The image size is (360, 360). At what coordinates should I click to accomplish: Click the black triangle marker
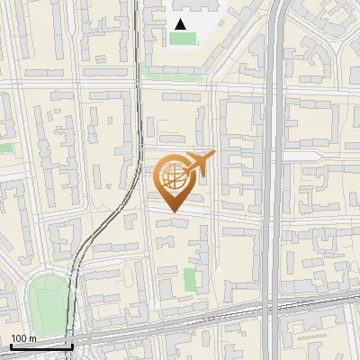point(181,24)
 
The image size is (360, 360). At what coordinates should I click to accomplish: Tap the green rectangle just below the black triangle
point(183,39)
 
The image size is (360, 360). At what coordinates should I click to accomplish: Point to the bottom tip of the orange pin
point(173,212)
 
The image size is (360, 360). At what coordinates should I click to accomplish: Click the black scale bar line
point(41,346)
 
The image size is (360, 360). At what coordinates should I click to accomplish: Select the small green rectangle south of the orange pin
point(190,280)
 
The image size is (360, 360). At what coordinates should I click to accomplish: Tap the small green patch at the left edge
point(5,148)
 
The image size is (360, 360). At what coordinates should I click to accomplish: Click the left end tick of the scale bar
point(11,346)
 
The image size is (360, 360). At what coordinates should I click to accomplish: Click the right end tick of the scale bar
point(72,346)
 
